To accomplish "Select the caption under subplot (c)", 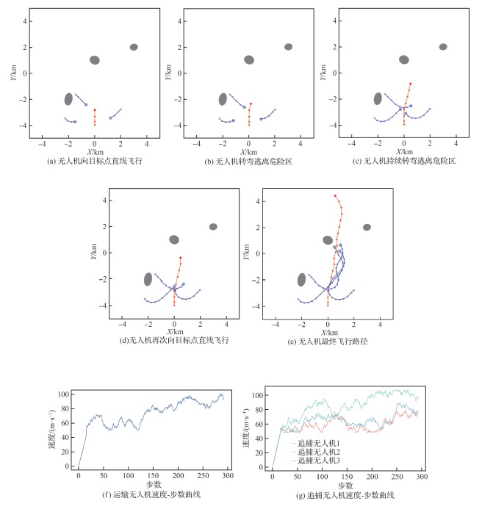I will pyautogui.click(x=403, y=160).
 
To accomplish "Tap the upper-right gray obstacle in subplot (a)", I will pyautogui.click(x=134, y=47).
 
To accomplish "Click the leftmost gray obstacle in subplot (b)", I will pyautogui.click(x=223, y=98).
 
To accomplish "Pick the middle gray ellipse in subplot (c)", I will pyautogui.click(x=403, y=59).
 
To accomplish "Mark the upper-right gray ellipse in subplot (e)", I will pyautogui.click(x=367, y=227).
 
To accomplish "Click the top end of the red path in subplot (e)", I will pyautogui.click(x=335, y=195).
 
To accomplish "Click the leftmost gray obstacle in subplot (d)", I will pyautogui.click(x=148, y=279).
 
